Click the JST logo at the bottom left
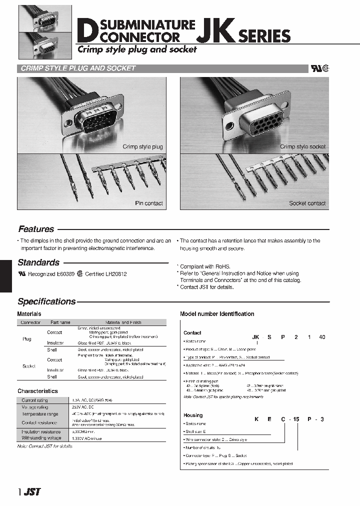click(x=32, y=492)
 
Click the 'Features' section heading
click(x=36, y=229)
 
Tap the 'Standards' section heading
click(x=38, y=262)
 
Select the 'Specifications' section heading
click(x=46, y=301)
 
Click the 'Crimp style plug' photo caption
click(x=142, y=147)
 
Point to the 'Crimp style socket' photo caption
click(x=302, y=147)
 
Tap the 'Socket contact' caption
click(x=307, y=203)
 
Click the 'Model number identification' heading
click(x=217, y=314)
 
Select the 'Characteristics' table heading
click(x=37, y=391)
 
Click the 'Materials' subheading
click(x=29, y=314)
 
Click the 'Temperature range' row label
click(x=39, y=414)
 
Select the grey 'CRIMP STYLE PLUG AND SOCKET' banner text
click(x=78, y=68)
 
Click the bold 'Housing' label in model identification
click(x=193, y=415)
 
